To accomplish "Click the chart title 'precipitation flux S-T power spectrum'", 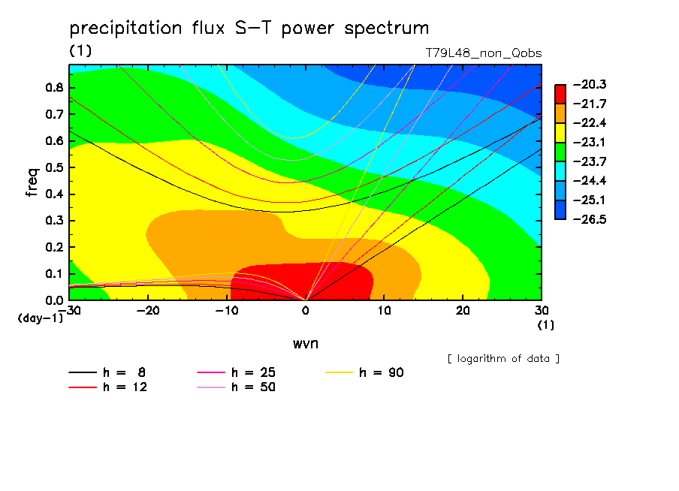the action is (249, 29).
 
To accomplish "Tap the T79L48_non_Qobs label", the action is (484, 53).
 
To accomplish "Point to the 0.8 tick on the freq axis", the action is (54, 87).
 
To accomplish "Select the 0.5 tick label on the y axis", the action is (54, 167).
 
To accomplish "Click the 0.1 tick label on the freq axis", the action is (54, 274).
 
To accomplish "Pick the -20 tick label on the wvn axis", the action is (148, 311).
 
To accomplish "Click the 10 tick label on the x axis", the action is (384, 311).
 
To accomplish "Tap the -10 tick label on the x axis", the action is (227, 311).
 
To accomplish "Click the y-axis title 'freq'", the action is (33, 182).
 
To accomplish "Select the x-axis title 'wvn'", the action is (306, 344).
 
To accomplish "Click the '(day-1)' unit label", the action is (41, 318).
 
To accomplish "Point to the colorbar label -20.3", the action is (590, 84).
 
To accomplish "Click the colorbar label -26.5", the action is (590, 219).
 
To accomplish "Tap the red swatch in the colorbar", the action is (560, 94).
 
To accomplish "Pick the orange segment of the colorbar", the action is (560, 113).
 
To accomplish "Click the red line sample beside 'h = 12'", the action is (83, 387).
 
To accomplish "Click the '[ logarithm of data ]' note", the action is (503, 359).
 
